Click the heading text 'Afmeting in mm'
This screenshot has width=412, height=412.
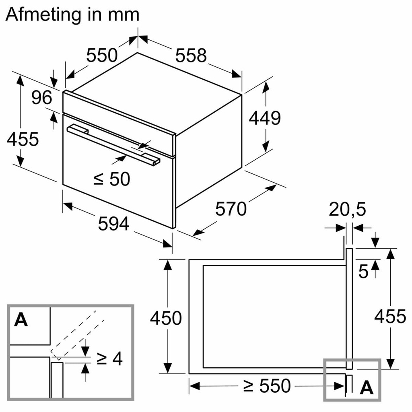pyautogui.click(x=72, y=15)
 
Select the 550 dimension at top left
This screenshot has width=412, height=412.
pyautogui.click(x=102, y=55)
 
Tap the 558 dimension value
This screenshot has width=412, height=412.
pyautogui.click(x=191, y=55)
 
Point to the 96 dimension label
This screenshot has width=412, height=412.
pyautogui.click(x=42, y=98)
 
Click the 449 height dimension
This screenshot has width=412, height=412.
pyautogui.click(x=265, y=118)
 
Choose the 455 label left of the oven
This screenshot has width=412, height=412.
pyautogui.click(x=23, y=139)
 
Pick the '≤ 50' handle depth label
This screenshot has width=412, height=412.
pyautogui.click(x=112, y=179)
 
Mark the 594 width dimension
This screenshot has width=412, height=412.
pyautogui.click(x=113, y=224)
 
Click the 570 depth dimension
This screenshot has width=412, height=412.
pyautogui.click(x=231, y=209)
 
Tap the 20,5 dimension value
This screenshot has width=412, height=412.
pyautogui.click(x=347, y=210)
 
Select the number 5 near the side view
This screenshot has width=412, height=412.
pyautogui.click(x=363, y=272)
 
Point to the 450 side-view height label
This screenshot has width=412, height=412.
pyautogui.click(x=166, y=318)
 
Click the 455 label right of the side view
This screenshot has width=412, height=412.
pyautogui.click(x=390, y=317)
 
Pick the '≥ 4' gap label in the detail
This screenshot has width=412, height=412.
pyautogui.click(x=109, y=359)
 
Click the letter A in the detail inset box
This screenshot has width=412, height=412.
pyautogui.click(x=21, y=320)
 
